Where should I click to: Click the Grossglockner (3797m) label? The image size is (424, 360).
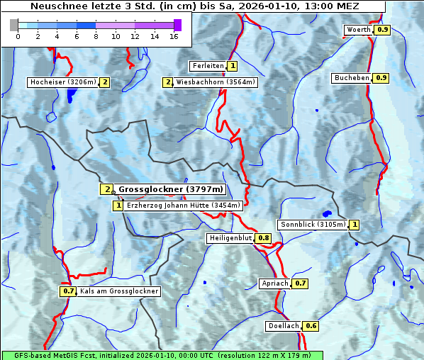[x=171, y=189]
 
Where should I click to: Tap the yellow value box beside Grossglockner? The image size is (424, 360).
[x=106, y=189]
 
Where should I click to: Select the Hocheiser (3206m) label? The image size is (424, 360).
[x=63, y=82]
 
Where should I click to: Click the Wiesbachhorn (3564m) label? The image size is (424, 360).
[x=216, y=82]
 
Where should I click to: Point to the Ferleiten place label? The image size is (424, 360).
[x=208, y=66]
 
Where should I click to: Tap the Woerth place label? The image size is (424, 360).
[x=358, y=30]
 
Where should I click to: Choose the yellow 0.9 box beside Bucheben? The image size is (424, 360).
[x=381, y=77]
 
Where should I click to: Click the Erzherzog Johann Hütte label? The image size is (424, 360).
[x=184, y=206]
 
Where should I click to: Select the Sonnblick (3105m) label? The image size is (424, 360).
[x=313, y=225]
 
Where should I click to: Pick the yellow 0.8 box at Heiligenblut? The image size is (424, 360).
[x=264, y=238]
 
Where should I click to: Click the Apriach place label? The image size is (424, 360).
[x=275, y=283]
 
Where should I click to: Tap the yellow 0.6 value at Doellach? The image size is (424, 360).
[x=311, y=326]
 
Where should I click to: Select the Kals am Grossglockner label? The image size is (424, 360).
[x=119, y=291]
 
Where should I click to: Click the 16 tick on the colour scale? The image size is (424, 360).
[x=174, y=35]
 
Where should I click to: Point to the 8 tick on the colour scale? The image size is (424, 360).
[x=96, y=35]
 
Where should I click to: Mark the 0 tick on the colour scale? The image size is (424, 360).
[x=18, y=35]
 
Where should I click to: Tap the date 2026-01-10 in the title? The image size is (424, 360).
[x=275, y=6]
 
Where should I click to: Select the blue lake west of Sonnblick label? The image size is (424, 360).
[x=327, y=213]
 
